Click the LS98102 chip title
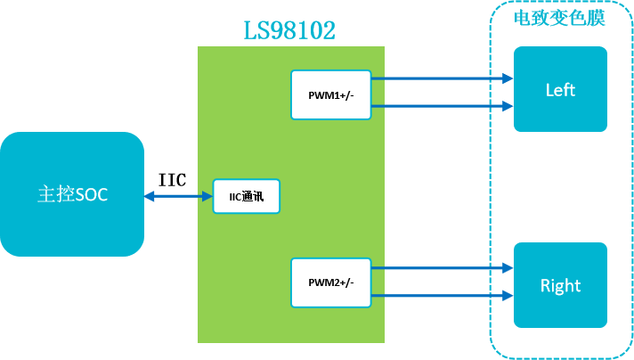[290, 31]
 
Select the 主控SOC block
[72, 194]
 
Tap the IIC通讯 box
[247, 196]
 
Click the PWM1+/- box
[331, 94]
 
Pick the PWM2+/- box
[331, 282]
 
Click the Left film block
[560, 89]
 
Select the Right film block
[560, 285]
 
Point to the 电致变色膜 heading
[560, 19]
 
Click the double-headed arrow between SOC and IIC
[178, 196]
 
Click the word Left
[560, 90]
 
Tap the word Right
[560, 286]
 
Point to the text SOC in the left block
[91, 194]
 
